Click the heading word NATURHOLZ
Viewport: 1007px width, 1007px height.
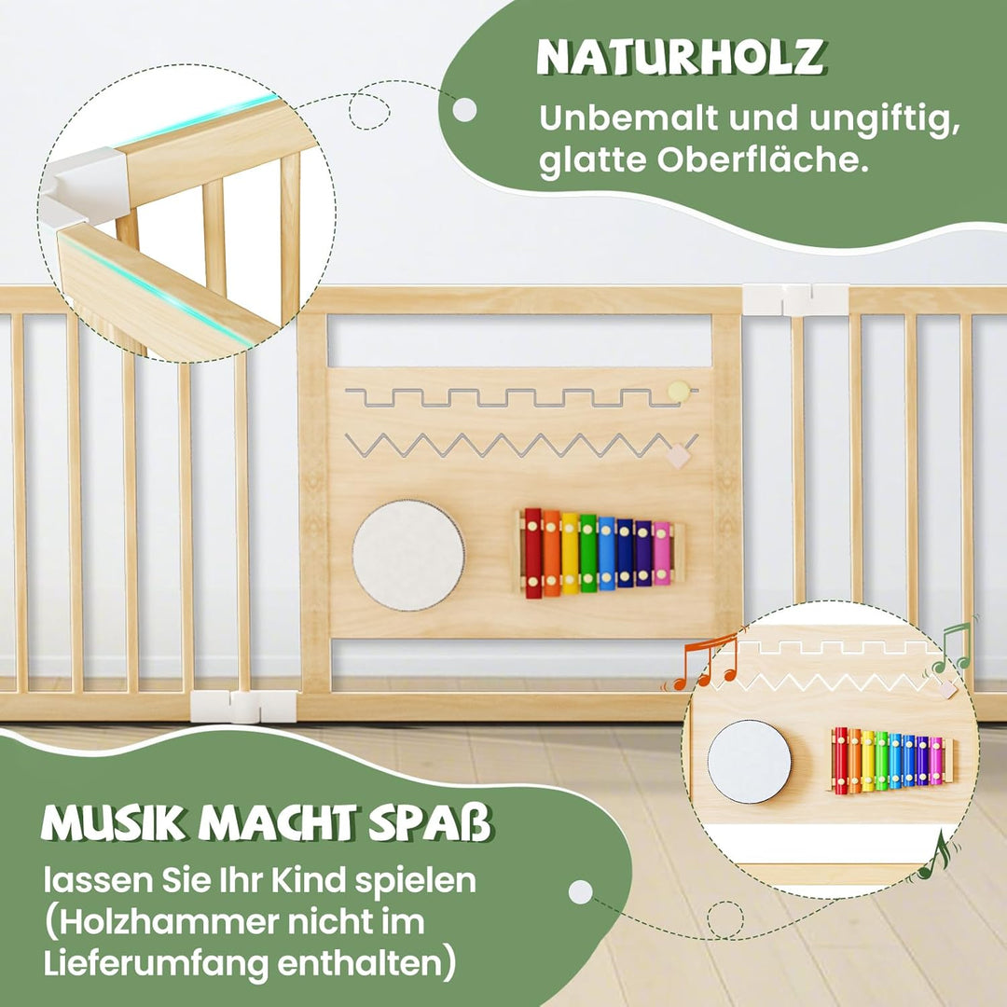tap(681, 58)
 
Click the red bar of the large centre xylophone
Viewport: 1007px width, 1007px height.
tap(532, 553)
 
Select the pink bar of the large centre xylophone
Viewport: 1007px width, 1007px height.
tap(661, 553)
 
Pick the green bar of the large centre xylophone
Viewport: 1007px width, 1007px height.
tap(587, 553)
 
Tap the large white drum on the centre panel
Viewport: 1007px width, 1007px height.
tap(407, 555)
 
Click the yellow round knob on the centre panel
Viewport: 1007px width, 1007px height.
tap(679, 392)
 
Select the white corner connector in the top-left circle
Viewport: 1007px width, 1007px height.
tap(88, 186)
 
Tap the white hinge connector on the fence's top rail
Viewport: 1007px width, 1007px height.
tap(795, 299)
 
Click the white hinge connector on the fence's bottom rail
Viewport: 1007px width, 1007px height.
tap(243, 706)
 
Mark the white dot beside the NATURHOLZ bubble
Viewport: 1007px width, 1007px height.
tap(464, 110)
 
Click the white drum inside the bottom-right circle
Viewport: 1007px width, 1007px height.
tap(749, 761)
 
